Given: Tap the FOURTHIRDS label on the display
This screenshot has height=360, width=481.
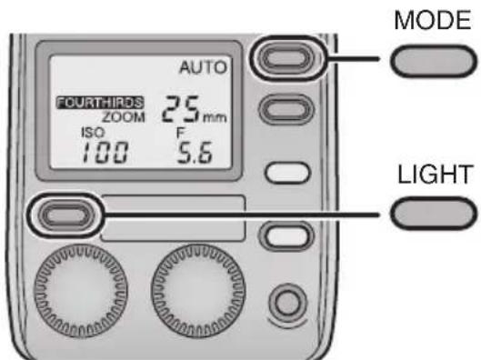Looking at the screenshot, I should pos(84,103).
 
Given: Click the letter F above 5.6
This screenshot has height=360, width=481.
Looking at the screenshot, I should pos(167,131).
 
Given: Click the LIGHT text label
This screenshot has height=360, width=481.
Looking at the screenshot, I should pos(431,174).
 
